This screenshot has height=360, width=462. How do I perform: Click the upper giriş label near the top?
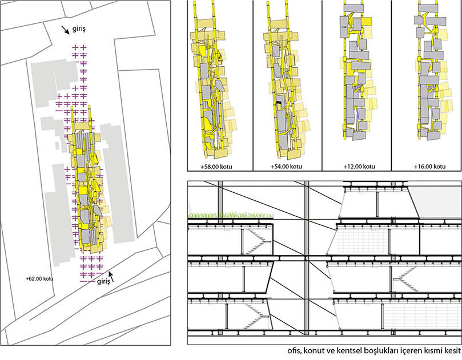[78, 29]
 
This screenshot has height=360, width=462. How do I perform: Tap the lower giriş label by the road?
[103, 282]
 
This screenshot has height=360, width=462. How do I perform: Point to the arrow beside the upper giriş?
[65, 30]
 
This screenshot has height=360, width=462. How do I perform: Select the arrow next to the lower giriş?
[111, 276]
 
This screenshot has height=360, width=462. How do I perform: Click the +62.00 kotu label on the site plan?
[39, 278]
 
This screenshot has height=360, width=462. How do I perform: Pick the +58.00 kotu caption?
[216, 167]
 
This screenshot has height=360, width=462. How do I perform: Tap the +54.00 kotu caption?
[286, 167]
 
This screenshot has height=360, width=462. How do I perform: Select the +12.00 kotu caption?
[359, 167]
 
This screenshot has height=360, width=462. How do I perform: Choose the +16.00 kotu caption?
[430, 167]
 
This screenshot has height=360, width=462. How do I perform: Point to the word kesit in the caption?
[452, 351]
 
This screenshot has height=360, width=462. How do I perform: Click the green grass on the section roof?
[231, 215]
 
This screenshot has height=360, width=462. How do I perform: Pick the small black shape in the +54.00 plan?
[279, 103]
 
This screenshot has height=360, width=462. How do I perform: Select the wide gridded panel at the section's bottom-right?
[422, 317]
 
